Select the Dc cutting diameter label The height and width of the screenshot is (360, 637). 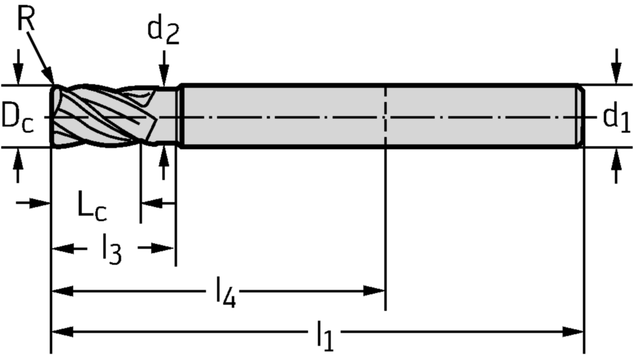click(17, 116)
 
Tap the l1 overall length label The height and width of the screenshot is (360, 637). click(323, 337)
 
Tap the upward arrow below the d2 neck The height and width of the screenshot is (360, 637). click(164, 155)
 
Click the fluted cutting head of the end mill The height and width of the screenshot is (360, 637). click(100, 116)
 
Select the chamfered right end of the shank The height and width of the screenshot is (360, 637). click(581, 116)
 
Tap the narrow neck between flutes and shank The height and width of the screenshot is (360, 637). click(167, 116)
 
